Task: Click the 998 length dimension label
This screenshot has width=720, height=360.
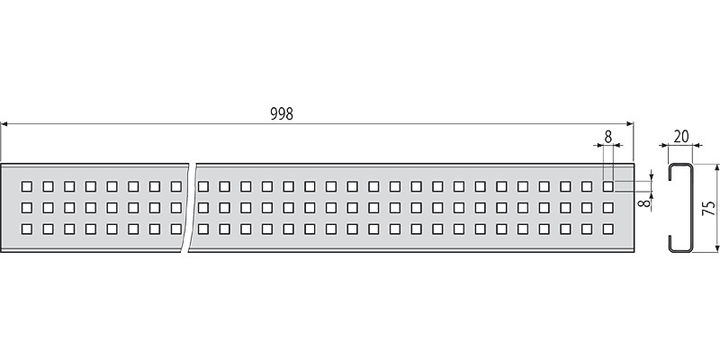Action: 282,114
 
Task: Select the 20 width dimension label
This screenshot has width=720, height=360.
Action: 681,137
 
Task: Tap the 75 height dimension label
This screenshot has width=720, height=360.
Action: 709,208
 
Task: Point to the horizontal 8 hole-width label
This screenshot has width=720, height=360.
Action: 608,137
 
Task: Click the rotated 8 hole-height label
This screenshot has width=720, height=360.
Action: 646,202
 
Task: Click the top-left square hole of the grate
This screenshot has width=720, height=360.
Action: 27,186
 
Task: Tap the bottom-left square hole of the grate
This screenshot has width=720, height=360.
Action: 27,229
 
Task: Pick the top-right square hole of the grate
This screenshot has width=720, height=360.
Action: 608,186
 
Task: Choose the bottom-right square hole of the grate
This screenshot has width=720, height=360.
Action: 608,229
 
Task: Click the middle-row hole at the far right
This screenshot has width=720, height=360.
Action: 608,208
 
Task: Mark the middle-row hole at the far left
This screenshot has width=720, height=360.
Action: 27,208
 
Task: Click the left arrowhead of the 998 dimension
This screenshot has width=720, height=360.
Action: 4,123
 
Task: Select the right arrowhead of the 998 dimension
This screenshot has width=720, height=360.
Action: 630,123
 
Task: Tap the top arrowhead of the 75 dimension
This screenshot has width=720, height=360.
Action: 716,167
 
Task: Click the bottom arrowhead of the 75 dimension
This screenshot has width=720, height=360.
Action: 716,248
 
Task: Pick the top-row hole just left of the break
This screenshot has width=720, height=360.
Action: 175,186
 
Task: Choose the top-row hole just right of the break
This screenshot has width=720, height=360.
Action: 203,186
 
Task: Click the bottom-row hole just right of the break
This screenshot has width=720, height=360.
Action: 203,229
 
